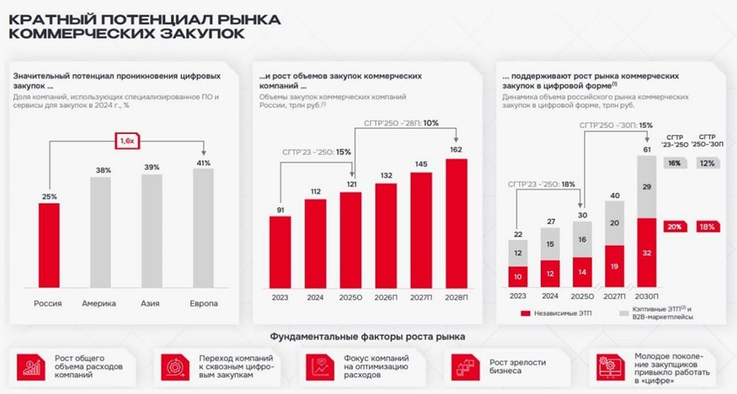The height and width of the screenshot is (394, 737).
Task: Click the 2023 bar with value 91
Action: tap(279, 253)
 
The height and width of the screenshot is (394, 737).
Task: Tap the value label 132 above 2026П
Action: tap(386, 175)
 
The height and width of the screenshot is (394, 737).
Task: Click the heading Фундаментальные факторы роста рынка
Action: tap(367, 337)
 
